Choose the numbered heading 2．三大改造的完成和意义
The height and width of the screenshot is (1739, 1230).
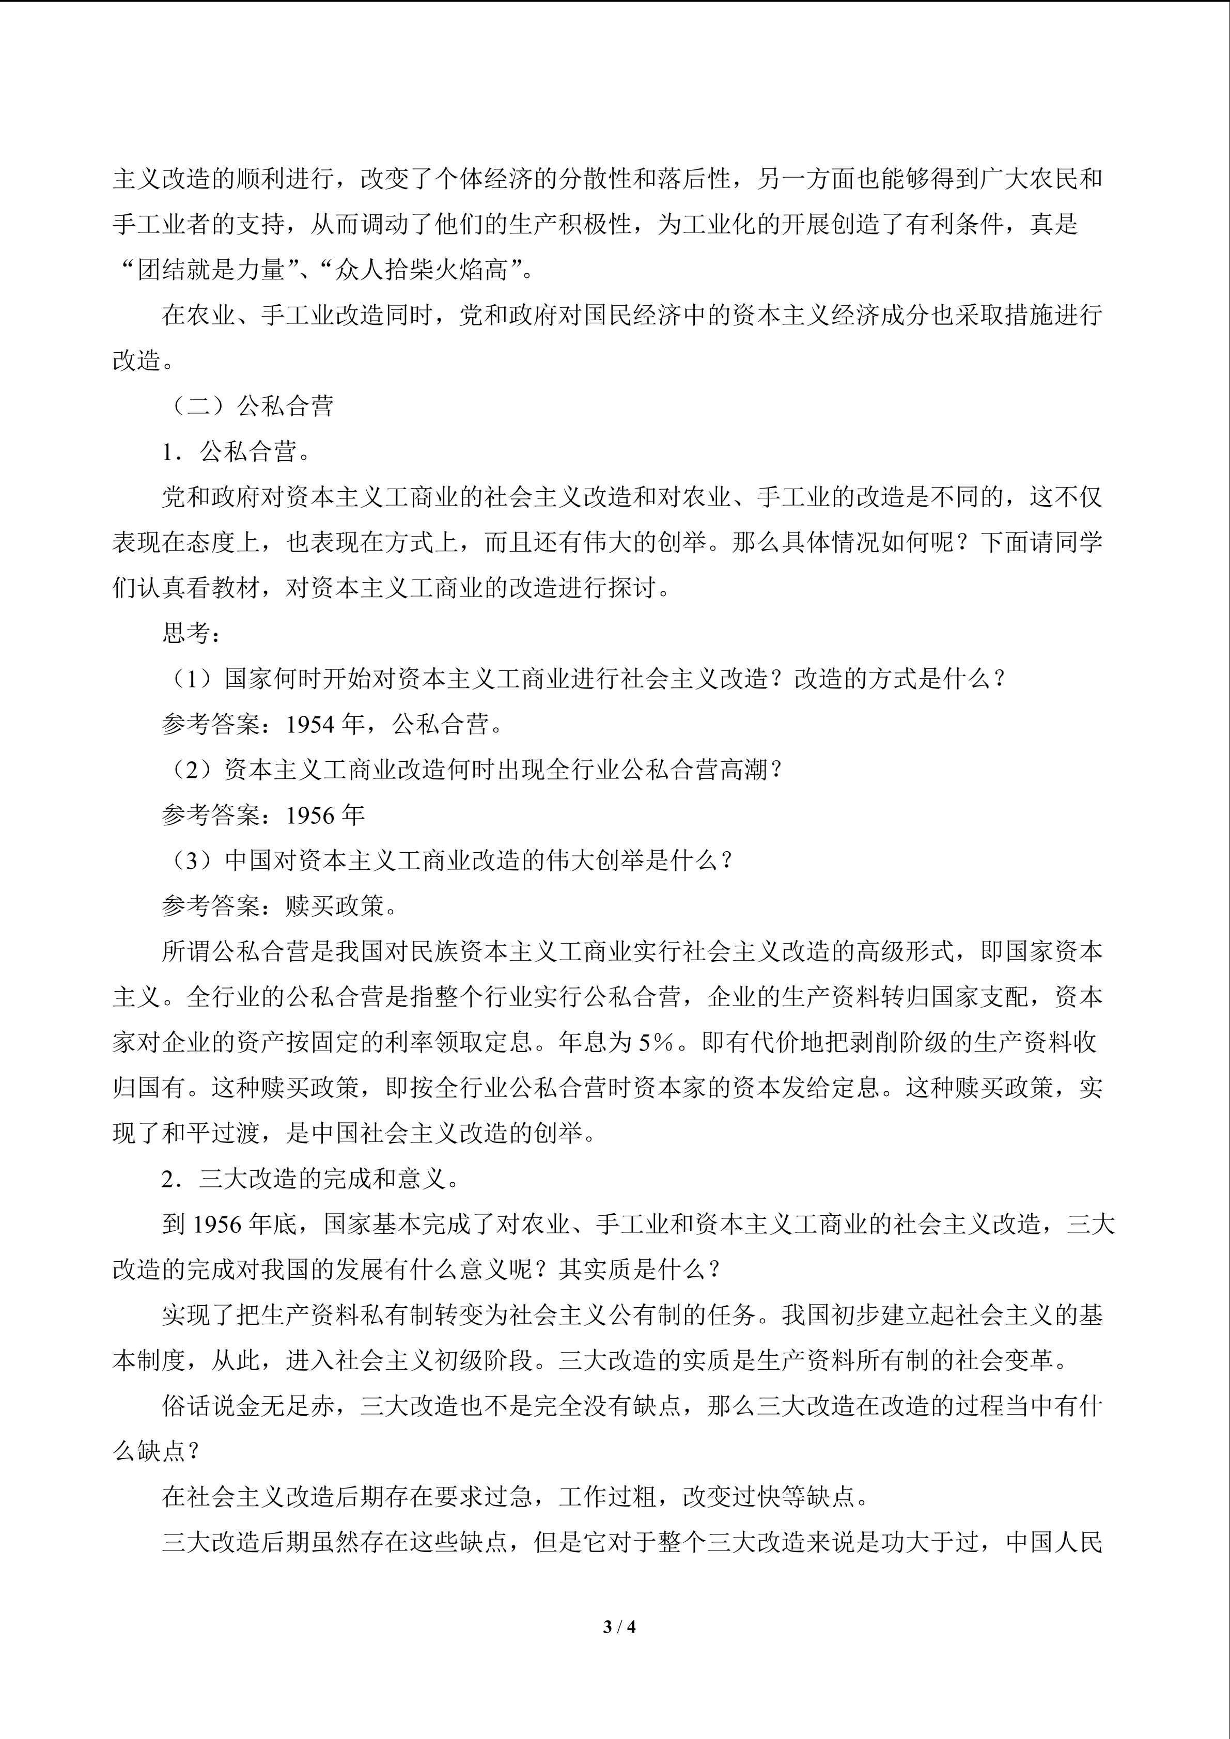[310, 1179]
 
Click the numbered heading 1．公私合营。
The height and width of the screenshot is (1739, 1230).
[236, 452]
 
